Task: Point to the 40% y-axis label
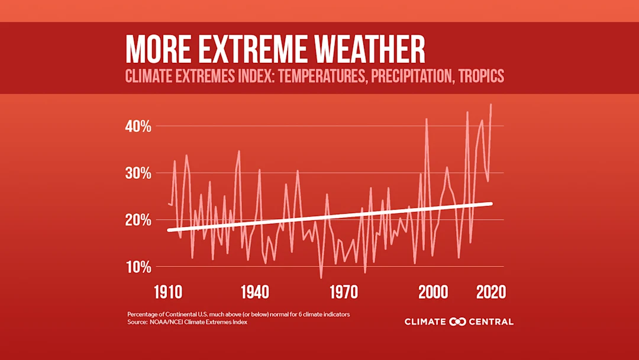coord(138,127)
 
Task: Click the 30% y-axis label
coord(138,173)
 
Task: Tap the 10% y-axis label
coord(138,266)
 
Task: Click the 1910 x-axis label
coord(168,292)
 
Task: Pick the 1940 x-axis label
coord(256,292)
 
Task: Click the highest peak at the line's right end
coord(491,105)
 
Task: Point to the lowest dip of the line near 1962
coord(321,277)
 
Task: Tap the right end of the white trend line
coord(491,204)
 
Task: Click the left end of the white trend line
coord(169,230)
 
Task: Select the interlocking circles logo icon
coord(458,322)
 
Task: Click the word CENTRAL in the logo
coord(492,322)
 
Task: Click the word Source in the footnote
coord(136,323)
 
